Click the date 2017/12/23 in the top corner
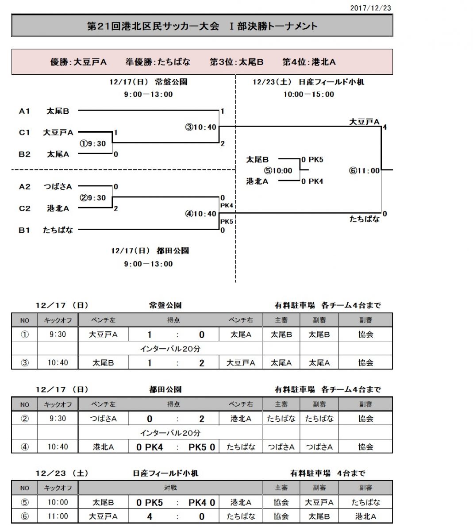(x=370, y=8)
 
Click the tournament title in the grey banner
(x=202, y=26)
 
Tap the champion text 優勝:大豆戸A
(x=78, y=62)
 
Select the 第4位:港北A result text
(x=309, y=62)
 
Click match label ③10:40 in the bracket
(x=201, y=127)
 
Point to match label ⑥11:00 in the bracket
(x=364, y=171)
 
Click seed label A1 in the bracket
(x=24, y=111)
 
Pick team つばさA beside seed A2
(x=58, y=187)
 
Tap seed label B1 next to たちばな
(x=24, y=230)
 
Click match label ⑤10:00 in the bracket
(x=278, y=171)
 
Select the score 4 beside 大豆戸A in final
(x=385, y=127)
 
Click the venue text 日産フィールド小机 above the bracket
(x=331, y=82)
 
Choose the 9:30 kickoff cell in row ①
(x=58, y=335)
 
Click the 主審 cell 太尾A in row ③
(x=281, y=363)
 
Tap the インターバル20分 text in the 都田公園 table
(x=170, y=433)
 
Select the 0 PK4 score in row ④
(x=150, y=447)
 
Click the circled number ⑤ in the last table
(x=25, y=503)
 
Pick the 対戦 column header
(x=170, y=488)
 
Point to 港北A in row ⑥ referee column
(x=365, y=516)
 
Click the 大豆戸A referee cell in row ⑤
(x=319, y=503)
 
